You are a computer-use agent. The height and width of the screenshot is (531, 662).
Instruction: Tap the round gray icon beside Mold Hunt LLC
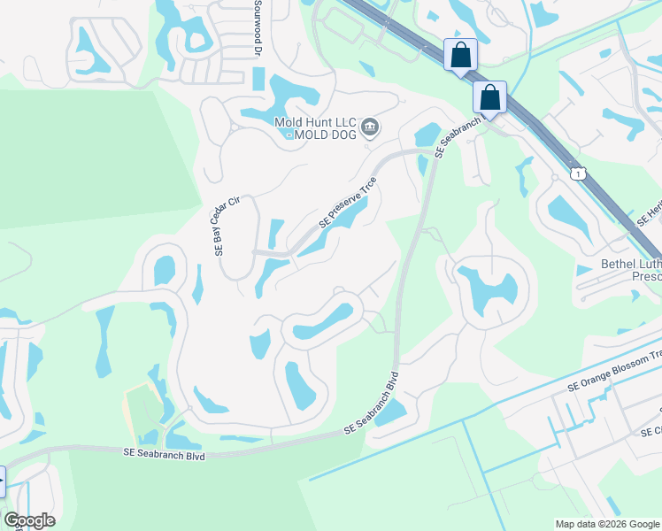pos(371,127)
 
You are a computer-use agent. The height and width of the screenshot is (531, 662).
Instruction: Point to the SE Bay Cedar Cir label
pos(227,226)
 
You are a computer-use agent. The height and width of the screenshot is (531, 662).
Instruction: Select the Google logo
pos(28,520)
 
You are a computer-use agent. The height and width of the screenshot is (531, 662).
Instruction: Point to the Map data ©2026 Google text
pos(606,524)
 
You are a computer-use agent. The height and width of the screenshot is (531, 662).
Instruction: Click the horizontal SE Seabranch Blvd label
pos(165,455)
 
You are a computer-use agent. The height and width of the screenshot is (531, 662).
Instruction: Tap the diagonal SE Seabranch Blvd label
pos(372,403)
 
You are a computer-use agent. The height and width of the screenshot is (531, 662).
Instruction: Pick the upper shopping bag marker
pos(460,55)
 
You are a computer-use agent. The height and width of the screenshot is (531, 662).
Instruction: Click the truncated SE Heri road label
pos(649,212)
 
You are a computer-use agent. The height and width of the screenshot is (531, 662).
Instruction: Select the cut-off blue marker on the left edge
pos(2,482)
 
